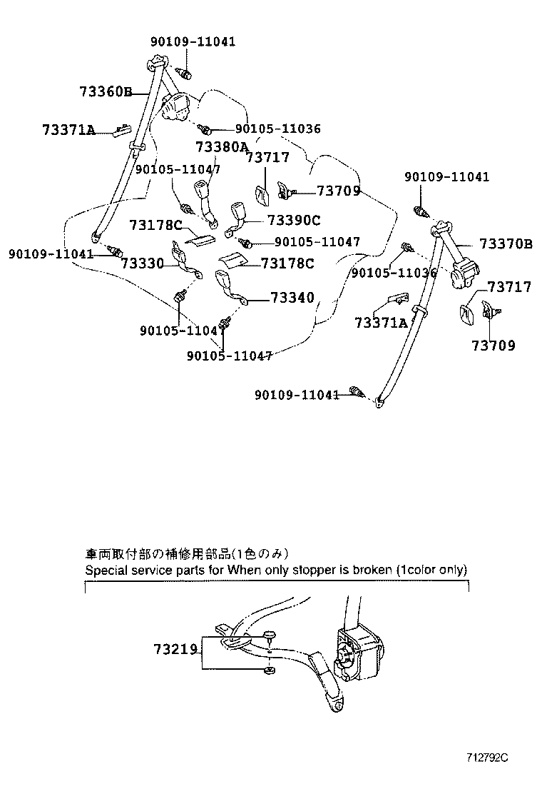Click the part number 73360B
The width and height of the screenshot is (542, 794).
coord(106,91)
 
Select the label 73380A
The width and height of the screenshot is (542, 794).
coord(222,146)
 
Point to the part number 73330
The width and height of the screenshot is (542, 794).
coord(143,263)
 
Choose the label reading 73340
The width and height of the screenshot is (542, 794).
coord(292,297)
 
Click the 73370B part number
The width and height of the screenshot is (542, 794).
coord(506,244)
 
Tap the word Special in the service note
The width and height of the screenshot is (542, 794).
coord(105,570)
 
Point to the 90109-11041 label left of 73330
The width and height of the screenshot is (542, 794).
coord(51,253)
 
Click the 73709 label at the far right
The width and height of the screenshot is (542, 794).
coord(493,346)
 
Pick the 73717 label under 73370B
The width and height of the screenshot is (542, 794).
coord(509,287)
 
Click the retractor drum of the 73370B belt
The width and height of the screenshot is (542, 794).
coord(464,273)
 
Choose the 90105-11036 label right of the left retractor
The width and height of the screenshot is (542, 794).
coord(277,129)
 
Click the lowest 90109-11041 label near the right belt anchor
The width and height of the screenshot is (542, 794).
coord(297,394)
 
